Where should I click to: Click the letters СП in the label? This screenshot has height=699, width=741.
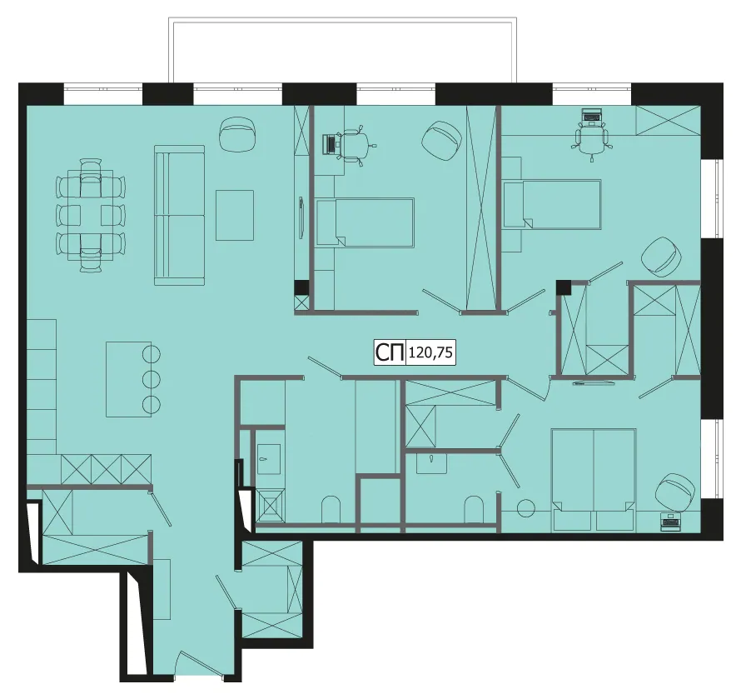[x=390, y=352]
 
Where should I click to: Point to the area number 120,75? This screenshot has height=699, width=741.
[x=430, y=352]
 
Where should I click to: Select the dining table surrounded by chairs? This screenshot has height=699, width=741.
[x=91, y=215]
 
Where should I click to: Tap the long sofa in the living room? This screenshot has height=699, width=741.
[x=180, y=215]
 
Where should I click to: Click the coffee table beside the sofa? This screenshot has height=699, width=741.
[x=235, y=215]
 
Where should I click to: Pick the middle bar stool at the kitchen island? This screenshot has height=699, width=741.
[x=152, y=379]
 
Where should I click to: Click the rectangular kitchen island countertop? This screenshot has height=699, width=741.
[x=128, y=379]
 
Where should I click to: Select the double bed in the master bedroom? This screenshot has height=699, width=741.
[x=594, y=479]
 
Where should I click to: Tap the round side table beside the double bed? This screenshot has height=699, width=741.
[x=526, y=508]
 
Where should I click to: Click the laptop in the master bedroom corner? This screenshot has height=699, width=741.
[x=670, y=522]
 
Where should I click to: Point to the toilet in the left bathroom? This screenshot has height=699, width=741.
[x=331, y=509]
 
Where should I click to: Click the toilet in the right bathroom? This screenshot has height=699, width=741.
[x=474, y=509]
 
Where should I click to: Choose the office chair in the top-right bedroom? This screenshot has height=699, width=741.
[x=591, y=138]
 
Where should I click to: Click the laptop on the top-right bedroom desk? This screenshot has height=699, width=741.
[x=591, y=115]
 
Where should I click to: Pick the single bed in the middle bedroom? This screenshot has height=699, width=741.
[x=366, y=222]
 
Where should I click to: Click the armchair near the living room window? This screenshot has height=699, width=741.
[x=238, y=134]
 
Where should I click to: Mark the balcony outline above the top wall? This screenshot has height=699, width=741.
[x=343, y=20]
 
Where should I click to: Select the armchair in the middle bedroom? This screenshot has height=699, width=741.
[x=442, y=140]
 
